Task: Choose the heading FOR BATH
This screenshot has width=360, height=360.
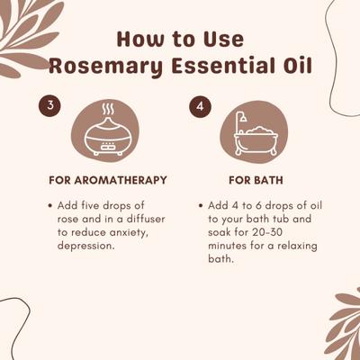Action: pos(254,179)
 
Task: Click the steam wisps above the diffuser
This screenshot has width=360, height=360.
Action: pos(106,113)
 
